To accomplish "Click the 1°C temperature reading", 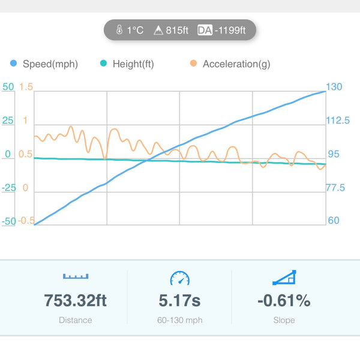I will pyautogui.click(x=135, y=29).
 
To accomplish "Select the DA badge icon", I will pyautogui.click(x=205, y=29).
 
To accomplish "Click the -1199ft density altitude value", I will pyautogui.click(x=235, y=29).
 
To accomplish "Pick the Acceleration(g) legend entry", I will pyautogui.click(x=236, y=64).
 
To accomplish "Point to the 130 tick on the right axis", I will pyautogui.click(x=334, y=87).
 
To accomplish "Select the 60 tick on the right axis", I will pyautogui.click(x=334, y=221).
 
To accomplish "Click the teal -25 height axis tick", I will pyautogui.click(x=8, y=188).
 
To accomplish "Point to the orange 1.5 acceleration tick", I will pyautogui.click(x=26, y=87).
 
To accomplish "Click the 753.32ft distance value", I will pyautogui.click(x=76, y=300).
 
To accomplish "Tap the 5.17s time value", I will pyautogui.click(x=179, y=300).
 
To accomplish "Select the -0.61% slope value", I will pyautogui.click(x=284, y=300).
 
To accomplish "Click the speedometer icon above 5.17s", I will pyautogui.click(x=179, y=278).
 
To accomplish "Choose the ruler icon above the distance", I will pyautogui.click(x=76, y=277).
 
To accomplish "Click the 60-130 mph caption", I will pyautogui.click(x=179, y=320).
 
